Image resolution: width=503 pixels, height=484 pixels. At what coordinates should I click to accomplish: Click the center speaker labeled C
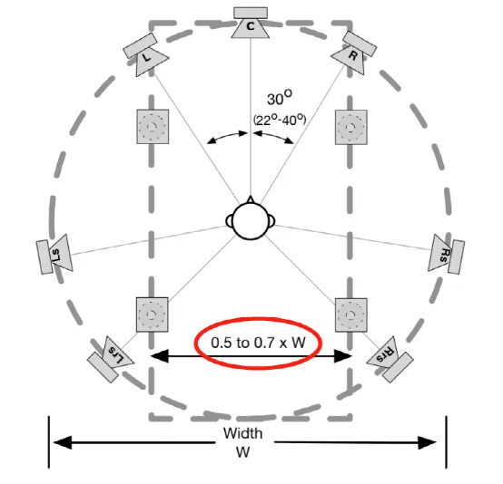coord(251,23)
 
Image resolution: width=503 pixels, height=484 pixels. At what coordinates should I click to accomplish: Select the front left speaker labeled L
coord(145,54)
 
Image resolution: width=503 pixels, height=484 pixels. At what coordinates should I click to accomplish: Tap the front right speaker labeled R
coord(354,53)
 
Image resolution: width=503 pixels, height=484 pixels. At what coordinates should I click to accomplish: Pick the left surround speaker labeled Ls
coord(54,254)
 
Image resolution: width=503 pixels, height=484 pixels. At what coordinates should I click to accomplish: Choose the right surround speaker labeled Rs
coord(446,254)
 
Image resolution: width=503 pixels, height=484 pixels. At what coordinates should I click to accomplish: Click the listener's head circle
coord(251,221)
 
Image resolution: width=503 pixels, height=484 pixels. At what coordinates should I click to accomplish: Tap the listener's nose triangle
coord(251,199)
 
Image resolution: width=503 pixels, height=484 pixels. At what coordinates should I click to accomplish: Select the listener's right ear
coord(271,221)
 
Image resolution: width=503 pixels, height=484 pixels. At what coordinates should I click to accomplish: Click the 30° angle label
coord(280,98)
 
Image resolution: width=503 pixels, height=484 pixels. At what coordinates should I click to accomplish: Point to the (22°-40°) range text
coord(280,121)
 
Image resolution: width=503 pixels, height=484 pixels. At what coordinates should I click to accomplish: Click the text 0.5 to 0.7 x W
coord(258,343)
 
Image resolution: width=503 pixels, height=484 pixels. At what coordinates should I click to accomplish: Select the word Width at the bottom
coord(243,434)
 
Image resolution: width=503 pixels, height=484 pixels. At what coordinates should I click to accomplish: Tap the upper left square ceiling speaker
coord(153,127)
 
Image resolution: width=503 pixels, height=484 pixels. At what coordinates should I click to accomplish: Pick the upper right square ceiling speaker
coord(351,127)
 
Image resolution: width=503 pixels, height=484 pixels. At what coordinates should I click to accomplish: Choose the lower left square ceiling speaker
coord(152,315)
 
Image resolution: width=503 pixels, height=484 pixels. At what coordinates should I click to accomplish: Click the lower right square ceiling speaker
coord(351,315)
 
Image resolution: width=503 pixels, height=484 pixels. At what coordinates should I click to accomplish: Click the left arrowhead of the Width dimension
coord(63,442)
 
